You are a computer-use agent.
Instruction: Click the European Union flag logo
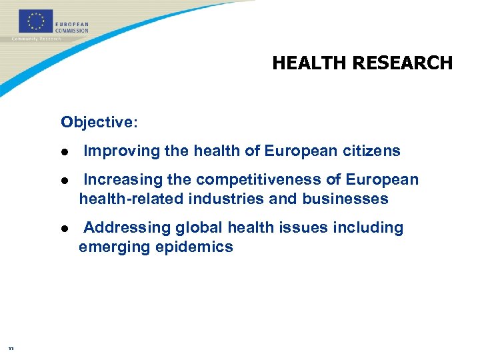[36, 21]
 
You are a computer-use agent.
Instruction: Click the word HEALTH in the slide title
[309, 63]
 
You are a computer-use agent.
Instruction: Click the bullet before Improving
[65, 152]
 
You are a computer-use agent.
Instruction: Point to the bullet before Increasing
[65, 181]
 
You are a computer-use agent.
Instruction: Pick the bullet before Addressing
[65, 229]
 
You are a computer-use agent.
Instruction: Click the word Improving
[122, 151]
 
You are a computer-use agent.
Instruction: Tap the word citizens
[371, 151]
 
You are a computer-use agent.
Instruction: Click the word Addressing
[127, 228]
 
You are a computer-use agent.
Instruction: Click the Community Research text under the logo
[36, 39]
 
